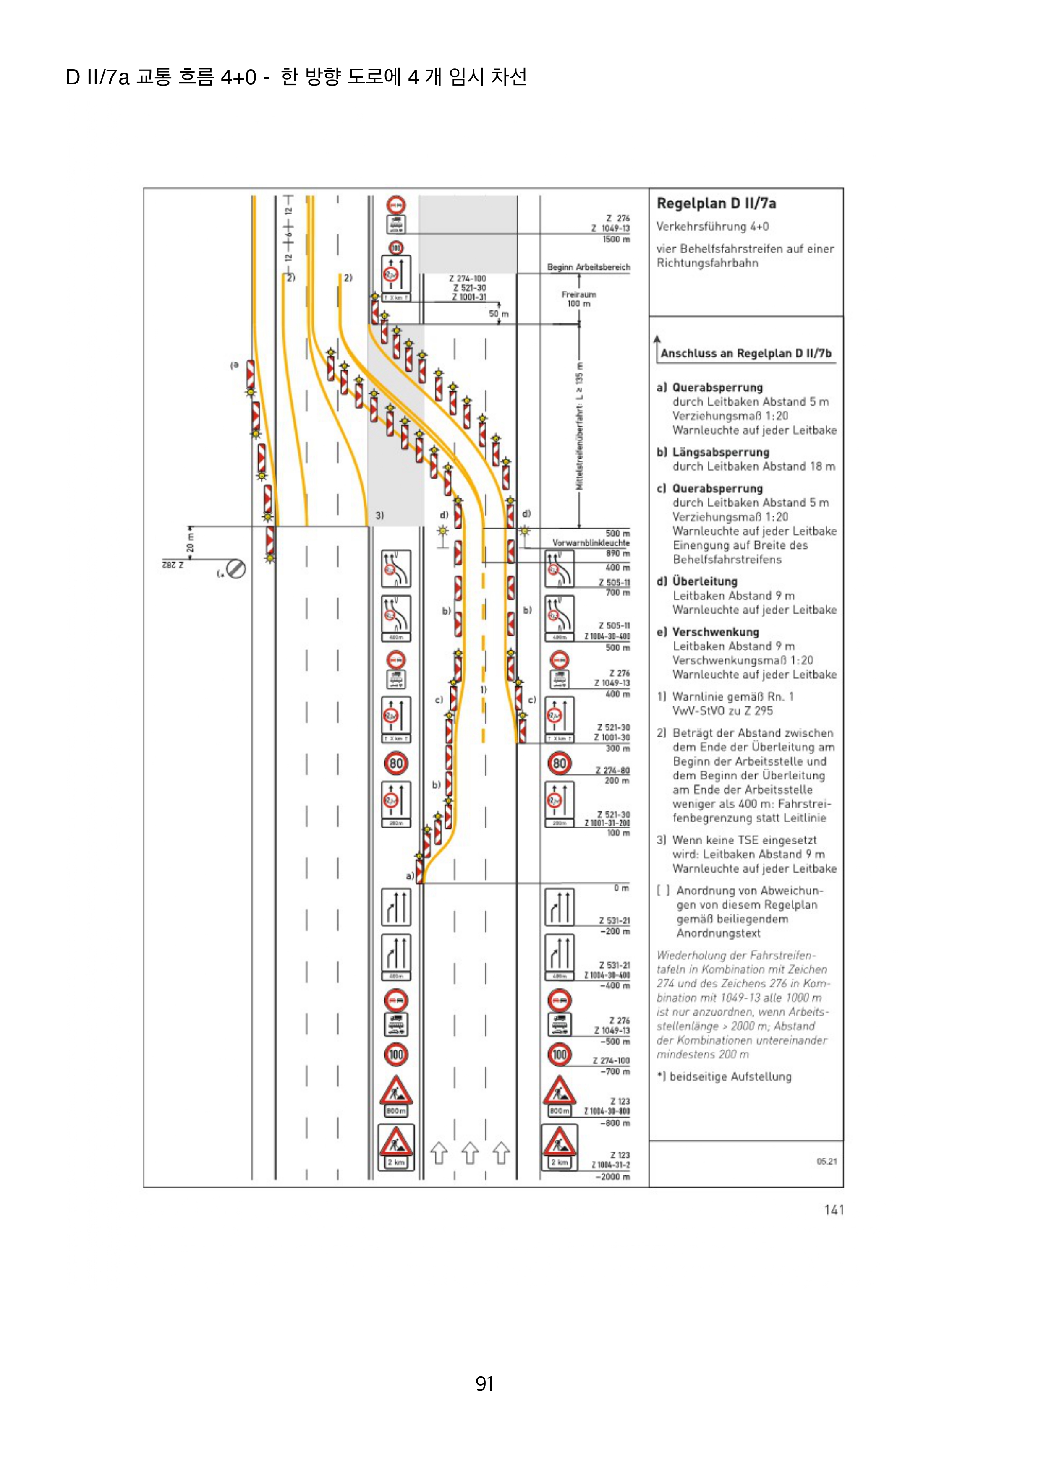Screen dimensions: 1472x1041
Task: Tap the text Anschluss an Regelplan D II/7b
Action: (745, 353)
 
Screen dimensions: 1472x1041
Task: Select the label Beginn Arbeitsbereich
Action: (588, 267)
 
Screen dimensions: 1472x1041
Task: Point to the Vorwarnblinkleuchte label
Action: (591, 543)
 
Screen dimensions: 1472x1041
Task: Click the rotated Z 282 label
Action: (173, 565)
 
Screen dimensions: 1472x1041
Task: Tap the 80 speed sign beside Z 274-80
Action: (559, 763)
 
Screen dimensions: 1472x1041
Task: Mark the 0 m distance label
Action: (621, 888)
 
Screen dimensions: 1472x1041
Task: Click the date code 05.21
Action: (826, 1161)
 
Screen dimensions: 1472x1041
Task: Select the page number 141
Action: (834, 1210)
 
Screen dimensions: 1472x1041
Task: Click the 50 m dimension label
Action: (498, 314)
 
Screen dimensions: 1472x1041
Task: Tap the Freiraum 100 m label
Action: (578, 299)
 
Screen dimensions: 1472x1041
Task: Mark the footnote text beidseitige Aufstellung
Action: (730, 1076)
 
